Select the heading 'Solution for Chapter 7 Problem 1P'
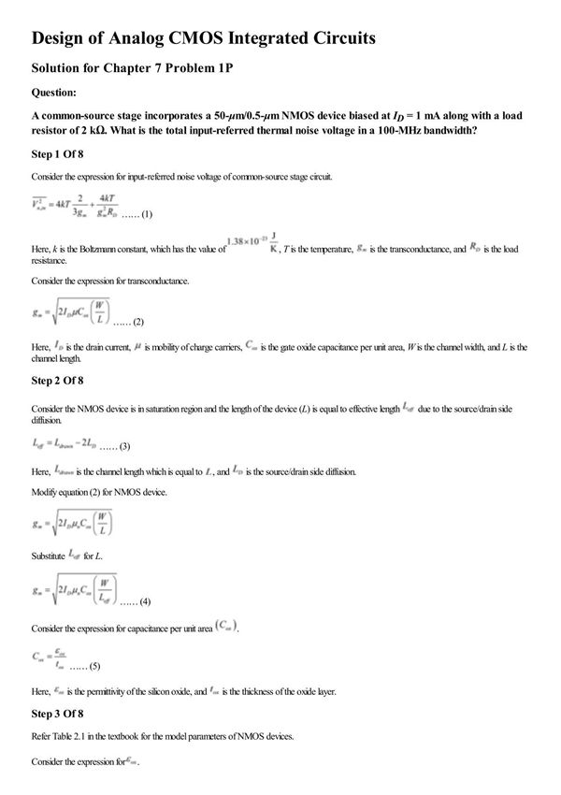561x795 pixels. (141, 69)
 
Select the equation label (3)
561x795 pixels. (121, 446)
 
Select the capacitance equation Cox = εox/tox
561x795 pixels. (47, 660)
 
